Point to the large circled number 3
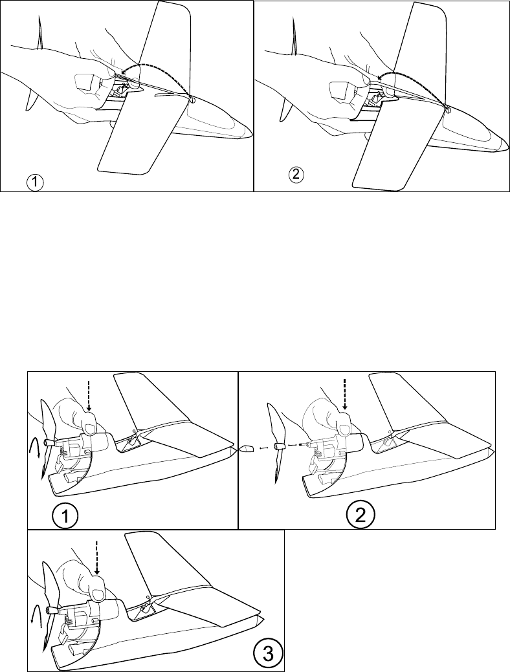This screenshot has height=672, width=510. click(265, 655)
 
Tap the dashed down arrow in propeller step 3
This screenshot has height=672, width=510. click(96, 558)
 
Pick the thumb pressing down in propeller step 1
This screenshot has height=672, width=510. click(88, 428)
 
